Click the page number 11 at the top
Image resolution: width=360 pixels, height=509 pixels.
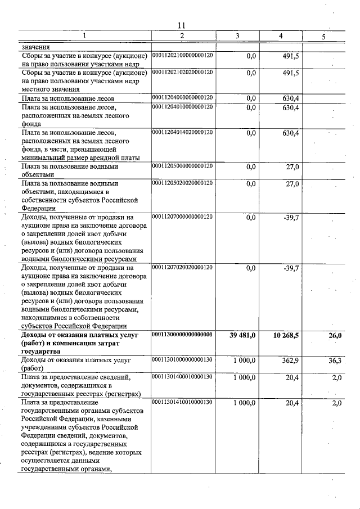181,25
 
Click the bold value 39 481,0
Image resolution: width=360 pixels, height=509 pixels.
243,336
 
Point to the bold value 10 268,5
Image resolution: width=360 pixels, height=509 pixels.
286,336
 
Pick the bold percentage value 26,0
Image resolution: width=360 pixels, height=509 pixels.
335,336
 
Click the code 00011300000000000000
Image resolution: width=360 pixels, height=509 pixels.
183,335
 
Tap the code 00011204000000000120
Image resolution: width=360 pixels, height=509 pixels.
183,98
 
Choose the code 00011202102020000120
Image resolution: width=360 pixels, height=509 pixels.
183,72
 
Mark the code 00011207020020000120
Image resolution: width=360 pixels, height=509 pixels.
183,267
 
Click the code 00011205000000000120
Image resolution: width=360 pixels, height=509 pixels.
183,166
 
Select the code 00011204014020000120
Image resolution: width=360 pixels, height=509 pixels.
183,132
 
